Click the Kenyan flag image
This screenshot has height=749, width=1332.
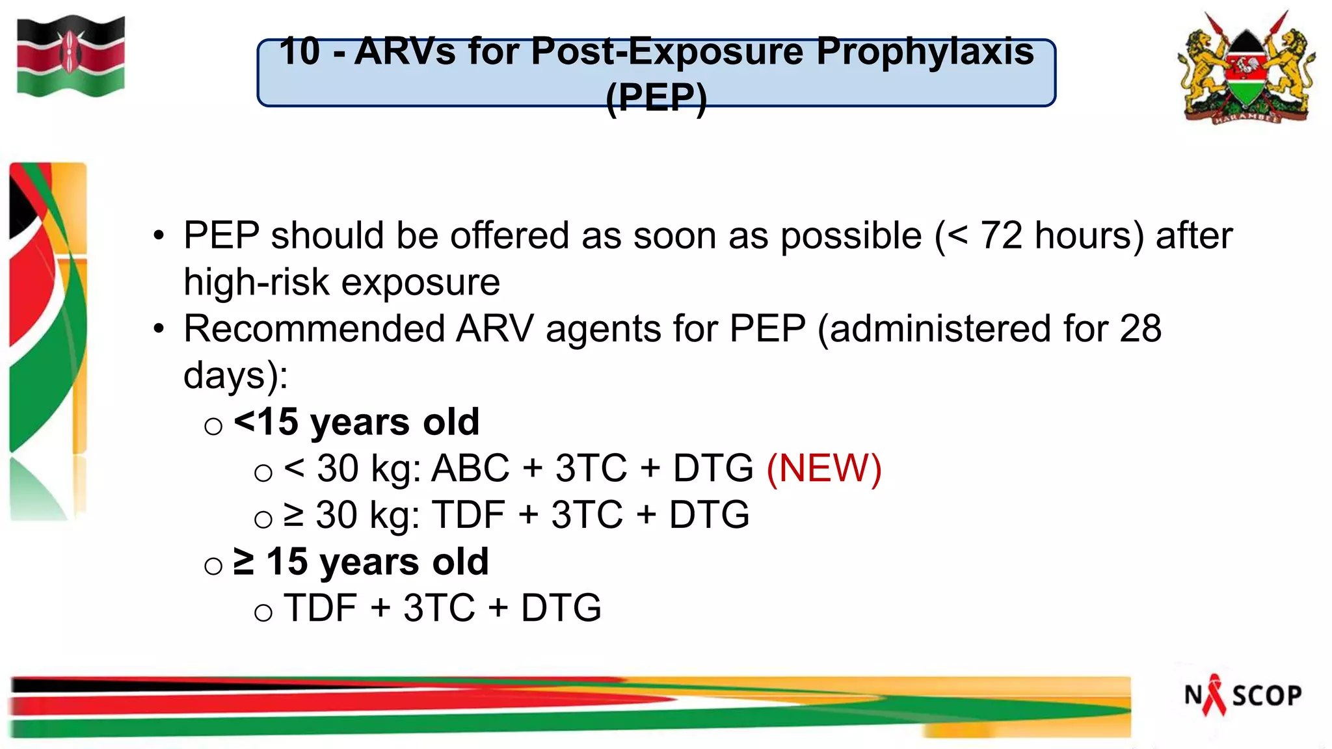tap(70, 57)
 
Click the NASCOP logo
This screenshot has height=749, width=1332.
tap(1242, 695)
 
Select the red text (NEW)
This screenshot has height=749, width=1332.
tap(824, 468)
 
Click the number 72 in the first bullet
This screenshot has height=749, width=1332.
tap(1002, 235)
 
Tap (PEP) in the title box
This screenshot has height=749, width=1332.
tap(656, 98)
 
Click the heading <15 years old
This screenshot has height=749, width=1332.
tap(356, 422)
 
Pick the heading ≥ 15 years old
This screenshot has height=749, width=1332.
tap(361, 562)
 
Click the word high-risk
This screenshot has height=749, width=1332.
tap(256, 282)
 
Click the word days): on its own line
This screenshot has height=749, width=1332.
tap(235, 376)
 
